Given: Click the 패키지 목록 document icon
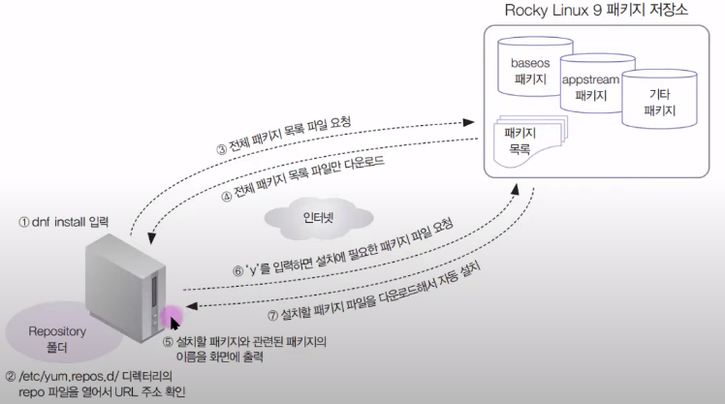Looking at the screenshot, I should pos(523,140).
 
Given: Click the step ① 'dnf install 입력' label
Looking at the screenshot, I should pos(65,221).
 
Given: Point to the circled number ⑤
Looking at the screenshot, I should pos(169,342).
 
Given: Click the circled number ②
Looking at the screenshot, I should pos(11,375).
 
